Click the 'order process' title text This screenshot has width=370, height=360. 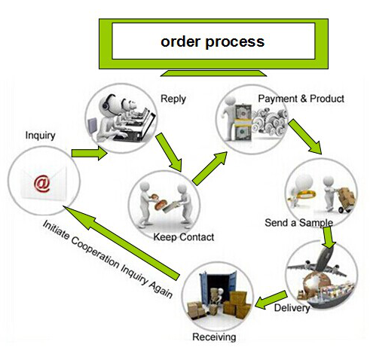pyautogui.click(x=213, y=41)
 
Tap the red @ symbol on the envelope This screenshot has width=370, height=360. pyautogui.click(x=42, y=184)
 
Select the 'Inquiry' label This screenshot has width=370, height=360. pyautogui.click(x=40, y=136)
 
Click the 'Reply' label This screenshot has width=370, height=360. pyautogui.click(x=173, y=99)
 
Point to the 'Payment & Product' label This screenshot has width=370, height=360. pyautogui.click(x=301, y=99)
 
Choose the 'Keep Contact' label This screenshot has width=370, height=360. pyautogui.click(x=184, y=237)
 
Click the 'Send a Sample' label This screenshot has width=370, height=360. pyautogui.click(x=299, y=223)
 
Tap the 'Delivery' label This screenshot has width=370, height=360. pyautogui.click(x=292, y=308)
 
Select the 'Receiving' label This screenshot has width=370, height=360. pyautogui.click(x=214, y=337)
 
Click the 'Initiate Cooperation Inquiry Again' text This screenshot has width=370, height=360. pyautogui.click(x=108, y=259)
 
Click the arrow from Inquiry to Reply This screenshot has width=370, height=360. pyautogui.click(x=90, y=153)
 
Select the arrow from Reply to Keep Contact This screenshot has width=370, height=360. pyautogui.click(x=169, y=152)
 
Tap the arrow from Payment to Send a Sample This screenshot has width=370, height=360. pyautogui.click(x=305, y=136)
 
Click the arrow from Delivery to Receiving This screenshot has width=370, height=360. pyautogui.click(x=271, y=300)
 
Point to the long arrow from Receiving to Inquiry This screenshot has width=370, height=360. pyautogui.click(x=121, y=243)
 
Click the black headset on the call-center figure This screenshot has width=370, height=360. pyautogui.click(x=108, y=103)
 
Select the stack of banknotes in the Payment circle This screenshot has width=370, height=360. pyautogui.click(x=243, y=123)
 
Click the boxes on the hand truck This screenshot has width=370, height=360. pyautogui.click(x=347, y=197)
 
